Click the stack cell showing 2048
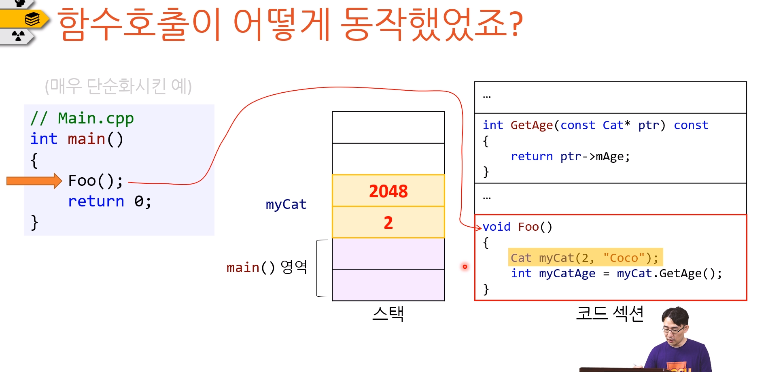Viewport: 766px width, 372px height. coord(388,191)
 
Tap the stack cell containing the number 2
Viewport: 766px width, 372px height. coord(388,222)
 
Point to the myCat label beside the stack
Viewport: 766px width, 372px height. coord(286,204)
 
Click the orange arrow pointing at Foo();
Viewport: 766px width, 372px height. coord(34,181)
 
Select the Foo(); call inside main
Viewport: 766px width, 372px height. coord(95,181)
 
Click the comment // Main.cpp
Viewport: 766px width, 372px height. coord(82,118)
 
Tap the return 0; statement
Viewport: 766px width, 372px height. coord(109,201)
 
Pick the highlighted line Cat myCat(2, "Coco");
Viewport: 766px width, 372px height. coord(585,257)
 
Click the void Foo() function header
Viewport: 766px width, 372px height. coord(517,227)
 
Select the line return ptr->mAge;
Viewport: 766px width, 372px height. coord(570,156)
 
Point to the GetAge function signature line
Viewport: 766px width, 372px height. coord(595,125)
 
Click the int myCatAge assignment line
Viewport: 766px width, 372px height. coord(616,274)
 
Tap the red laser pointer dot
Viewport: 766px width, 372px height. coord(465,266)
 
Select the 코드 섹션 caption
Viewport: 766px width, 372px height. coord(609,313)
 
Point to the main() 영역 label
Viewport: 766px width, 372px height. coord(267,267)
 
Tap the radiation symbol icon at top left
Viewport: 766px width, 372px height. coord(18,36)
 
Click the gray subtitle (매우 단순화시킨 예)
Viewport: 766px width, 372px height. coord(118,86)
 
